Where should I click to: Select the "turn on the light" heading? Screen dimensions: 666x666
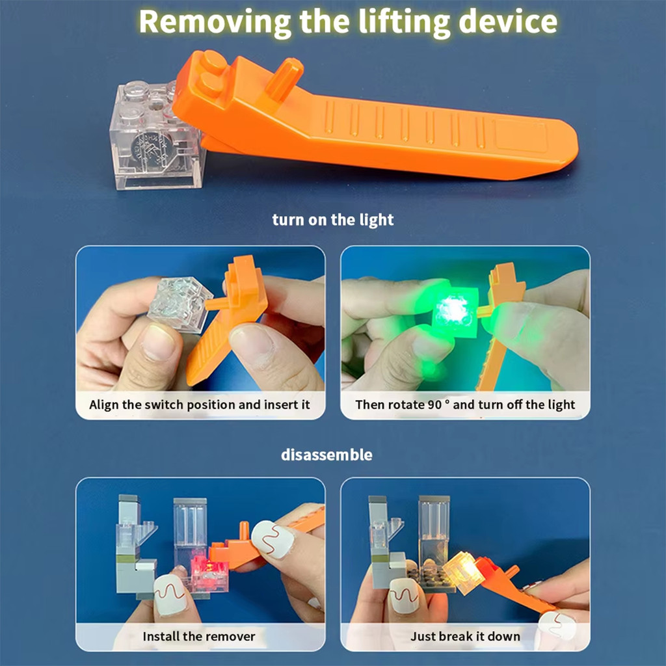(332, 220)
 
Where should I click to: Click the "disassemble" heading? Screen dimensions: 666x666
(326, 455)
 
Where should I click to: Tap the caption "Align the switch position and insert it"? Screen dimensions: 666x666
(200, 405)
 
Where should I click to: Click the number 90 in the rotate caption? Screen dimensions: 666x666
(434, 405)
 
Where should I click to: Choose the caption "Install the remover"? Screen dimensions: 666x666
(199, 636)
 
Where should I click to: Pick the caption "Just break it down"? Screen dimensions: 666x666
(465, 636)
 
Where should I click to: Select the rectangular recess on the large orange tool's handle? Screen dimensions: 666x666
(520, 136)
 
